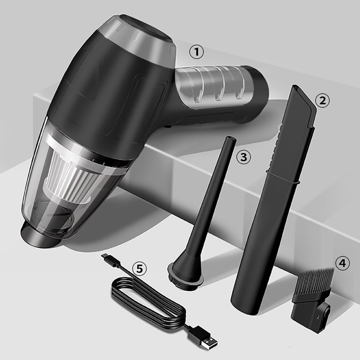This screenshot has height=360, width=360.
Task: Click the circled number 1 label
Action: pyautogui.click(x=196, y=52)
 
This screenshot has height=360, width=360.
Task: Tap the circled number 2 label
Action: pyautogui.click(x=322, y=101)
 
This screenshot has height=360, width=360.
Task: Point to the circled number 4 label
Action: pyautogui.click(x=342, y=263)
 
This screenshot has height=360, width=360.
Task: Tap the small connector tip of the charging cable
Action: pyautogui.click(x=106, y=257)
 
